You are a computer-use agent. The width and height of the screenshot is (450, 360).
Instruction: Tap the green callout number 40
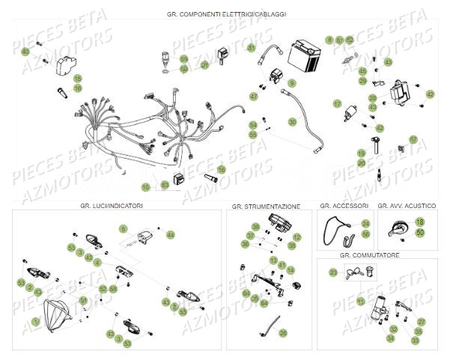tap(25, 51)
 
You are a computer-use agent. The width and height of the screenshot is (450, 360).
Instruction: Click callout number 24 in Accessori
tap(365, 223)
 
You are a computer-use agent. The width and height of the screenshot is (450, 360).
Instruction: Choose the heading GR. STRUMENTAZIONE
tap(266, 205)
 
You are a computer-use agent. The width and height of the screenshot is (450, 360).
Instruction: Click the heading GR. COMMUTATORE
tap(368, 255)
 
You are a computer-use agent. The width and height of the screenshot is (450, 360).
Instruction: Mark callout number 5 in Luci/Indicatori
tap(124, 228)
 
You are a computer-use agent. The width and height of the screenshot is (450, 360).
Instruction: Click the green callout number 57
tap(413, 139)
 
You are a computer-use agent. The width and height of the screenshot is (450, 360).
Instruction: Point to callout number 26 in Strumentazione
tap(282, 332)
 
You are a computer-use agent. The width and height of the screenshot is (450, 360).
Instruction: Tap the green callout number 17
tap(338, 104)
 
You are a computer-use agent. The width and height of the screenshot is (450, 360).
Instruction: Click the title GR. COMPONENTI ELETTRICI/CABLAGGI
tap(225, 14)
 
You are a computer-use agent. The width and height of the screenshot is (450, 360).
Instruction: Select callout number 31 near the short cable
tap(251, 48)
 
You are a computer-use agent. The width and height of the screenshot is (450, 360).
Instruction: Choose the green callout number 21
tap(204, 65)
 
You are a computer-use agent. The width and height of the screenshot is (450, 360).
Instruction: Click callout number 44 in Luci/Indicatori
tap(170, 235)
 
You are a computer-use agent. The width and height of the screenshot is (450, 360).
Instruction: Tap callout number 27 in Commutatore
tap(420, 321)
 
